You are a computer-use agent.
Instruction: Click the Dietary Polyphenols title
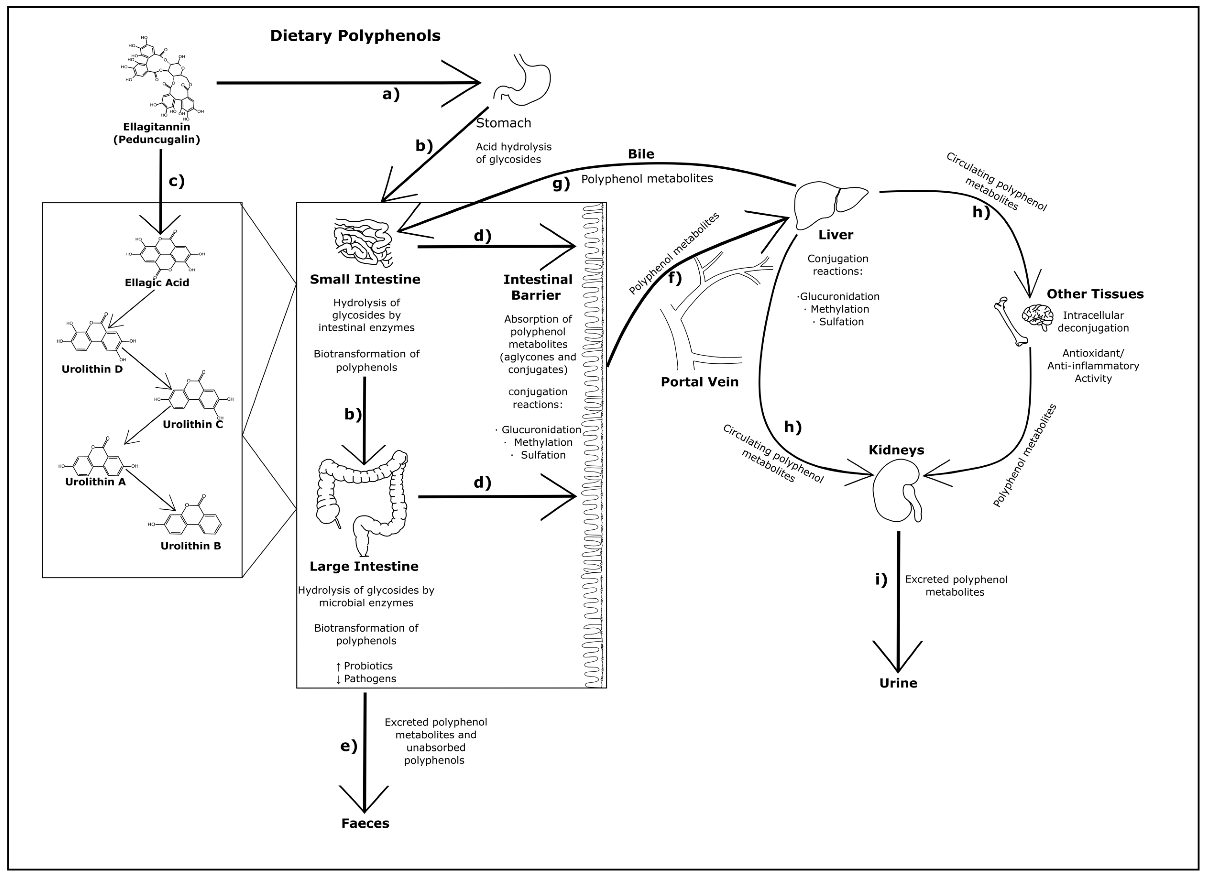coord(355,36)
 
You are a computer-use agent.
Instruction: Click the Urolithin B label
coord(191,546)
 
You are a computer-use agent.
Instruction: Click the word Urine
coord(898,683)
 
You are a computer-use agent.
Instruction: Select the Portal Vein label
coord(699,382)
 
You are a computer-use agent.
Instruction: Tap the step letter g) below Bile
coord(561,184)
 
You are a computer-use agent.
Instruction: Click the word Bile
coord(641,154)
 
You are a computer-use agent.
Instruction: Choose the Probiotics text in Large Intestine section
coord(368,666)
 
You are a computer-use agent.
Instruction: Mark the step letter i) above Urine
coord(881,580)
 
